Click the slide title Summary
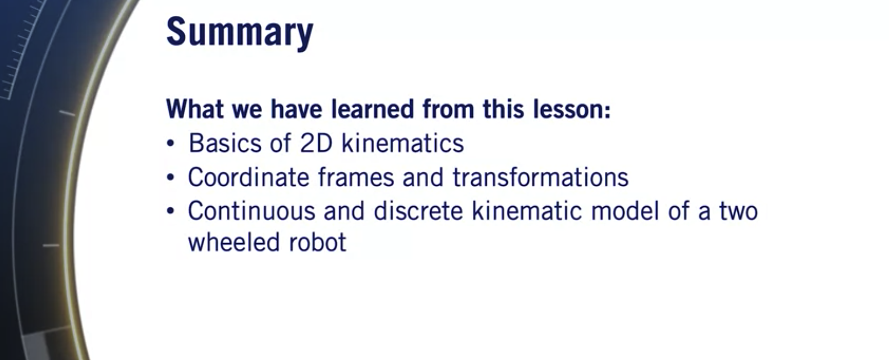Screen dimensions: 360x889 tap(239, 33)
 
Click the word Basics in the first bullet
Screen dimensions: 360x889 tap(224, 143)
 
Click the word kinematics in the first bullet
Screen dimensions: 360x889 tap(402, 143)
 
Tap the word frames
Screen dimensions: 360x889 tap(356, 177)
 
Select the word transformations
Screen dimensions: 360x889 tap(540, 177)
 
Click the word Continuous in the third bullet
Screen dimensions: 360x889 tap(251, 211)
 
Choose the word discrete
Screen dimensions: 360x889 tap(418, 211)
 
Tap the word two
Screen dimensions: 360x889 tap(738, 212)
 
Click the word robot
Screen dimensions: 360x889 tap(317, 242)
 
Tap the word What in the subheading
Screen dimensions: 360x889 tap(195, 109)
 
